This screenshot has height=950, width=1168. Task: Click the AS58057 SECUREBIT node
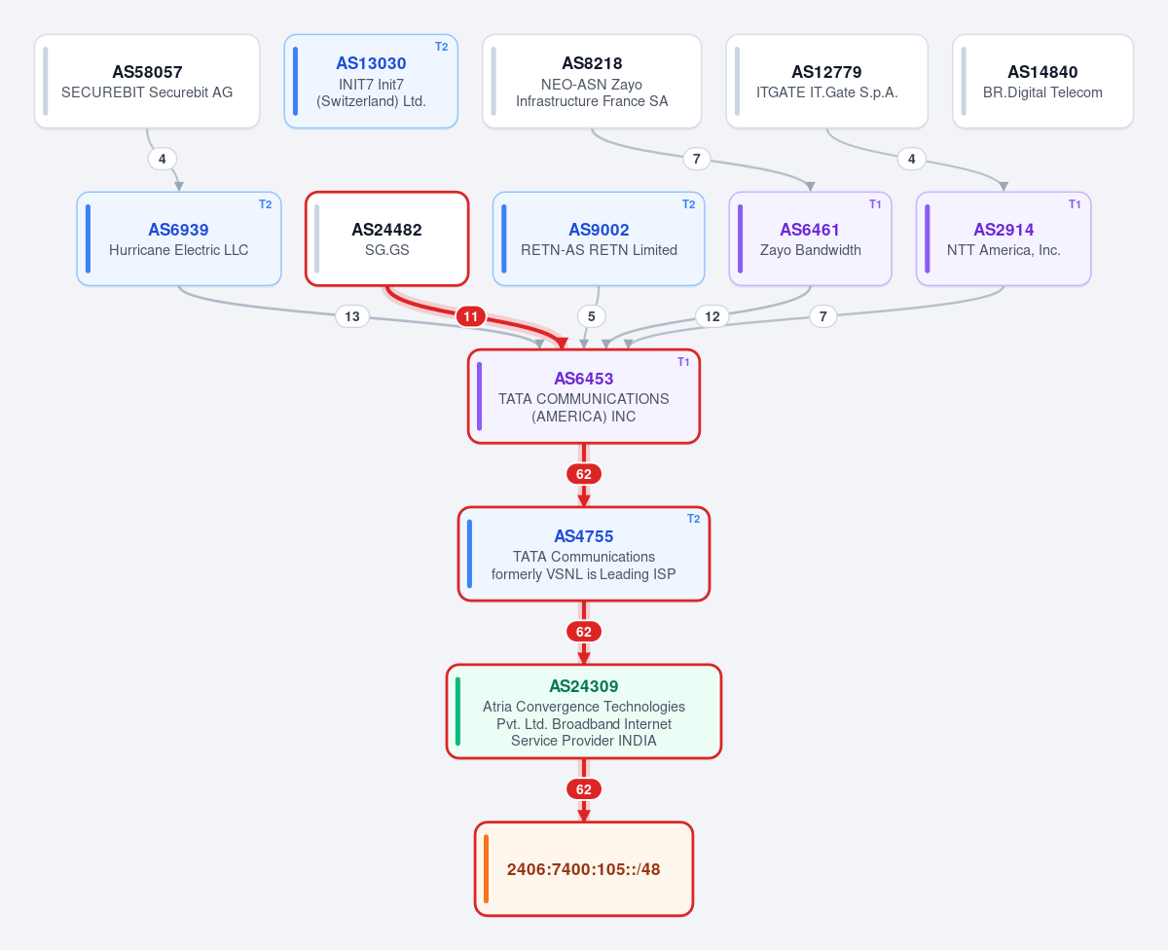click(147, 81)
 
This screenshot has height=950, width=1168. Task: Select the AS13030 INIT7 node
click(371, 81)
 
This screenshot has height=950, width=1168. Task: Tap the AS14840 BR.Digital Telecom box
click(1042, 81)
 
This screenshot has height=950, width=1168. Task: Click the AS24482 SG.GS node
click(386, 238)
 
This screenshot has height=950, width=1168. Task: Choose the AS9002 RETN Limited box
click(599, 238)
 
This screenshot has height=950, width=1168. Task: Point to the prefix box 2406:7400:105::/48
click(583, 869)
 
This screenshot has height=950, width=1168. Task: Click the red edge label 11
click(470, 316)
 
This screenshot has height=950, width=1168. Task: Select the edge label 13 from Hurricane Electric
click(352, 316)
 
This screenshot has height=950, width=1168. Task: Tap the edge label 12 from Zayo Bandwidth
click(712, 316)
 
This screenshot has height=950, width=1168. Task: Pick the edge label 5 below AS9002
click(591, 316)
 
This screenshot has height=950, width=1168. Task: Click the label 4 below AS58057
click(163, 159)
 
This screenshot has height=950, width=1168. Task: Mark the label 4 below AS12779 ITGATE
click(911, 159)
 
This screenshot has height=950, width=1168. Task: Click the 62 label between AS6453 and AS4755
click(583, 474)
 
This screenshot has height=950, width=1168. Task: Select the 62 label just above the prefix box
click(583, 789)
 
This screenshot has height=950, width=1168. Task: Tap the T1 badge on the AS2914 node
click(1075, 204)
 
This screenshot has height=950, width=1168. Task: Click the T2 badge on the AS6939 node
click(266, 204)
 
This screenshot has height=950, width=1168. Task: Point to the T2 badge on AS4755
click(694, 519)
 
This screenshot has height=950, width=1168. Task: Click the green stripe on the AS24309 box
click(457, 712)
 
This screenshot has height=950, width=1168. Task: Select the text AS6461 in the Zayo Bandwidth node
click(810, 230)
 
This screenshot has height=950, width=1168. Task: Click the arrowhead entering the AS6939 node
click(179, 186)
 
